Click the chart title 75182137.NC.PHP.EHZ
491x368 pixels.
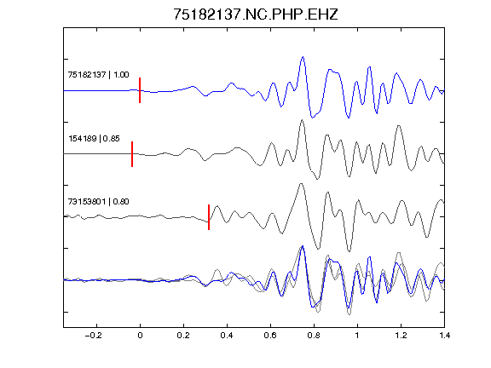pos(256,14)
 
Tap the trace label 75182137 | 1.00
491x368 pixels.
pos(98,74)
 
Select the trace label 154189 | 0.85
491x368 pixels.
pos(94,138)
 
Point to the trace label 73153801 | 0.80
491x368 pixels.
pos(98,201)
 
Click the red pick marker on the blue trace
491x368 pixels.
pos(140,90)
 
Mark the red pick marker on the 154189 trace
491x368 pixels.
pos(132,154)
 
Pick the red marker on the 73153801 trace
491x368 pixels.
pos(209,217)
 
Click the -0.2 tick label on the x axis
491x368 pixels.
pos(94,336)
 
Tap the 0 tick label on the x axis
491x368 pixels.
pos(140,336)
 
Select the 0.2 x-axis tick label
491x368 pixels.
pos(183,336)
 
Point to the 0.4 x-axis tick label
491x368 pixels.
pos(227,336)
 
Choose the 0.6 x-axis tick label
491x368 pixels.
pos(270,336)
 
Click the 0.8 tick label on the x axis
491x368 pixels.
pos(314,336)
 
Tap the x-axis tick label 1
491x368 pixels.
pos(357,336)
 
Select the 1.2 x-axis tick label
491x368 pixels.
pos(401,336)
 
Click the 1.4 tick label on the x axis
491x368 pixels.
pos(444,336)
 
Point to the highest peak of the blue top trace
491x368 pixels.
pos(303,57)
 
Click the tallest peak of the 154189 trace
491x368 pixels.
pos(302,120)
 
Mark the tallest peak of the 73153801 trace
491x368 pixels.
pos(301,184)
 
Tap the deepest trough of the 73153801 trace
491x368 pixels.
pos(349,251)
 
